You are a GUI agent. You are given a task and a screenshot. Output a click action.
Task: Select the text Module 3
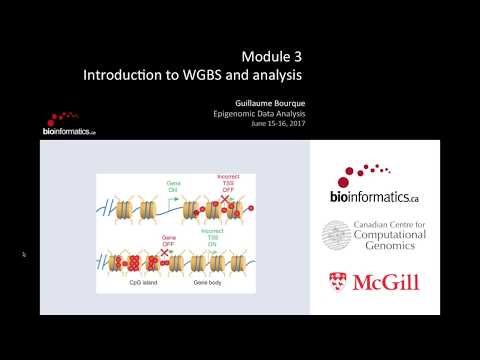(x=273, y=57)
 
